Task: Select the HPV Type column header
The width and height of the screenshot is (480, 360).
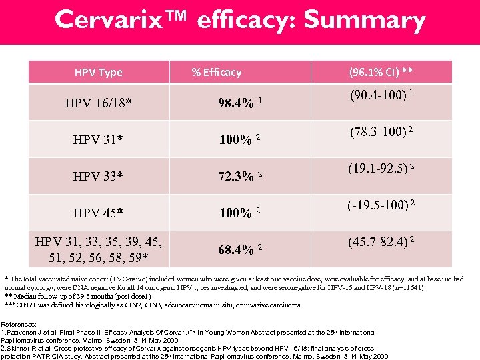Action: click(98, 72)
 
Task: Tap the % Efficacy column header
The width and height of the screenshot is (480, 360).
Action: click(216, 72)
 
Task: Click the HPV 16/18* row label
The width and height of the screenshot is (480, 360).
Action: click(98, 103)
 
